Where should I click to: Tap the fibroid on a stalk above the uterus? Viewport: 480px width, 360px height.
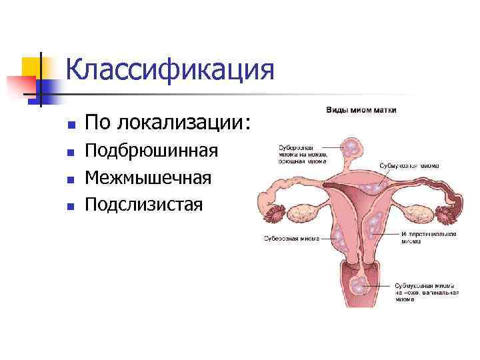coord(350,146)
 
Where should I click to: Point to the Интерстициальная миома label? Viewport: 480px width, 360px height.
coord(429,238)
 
